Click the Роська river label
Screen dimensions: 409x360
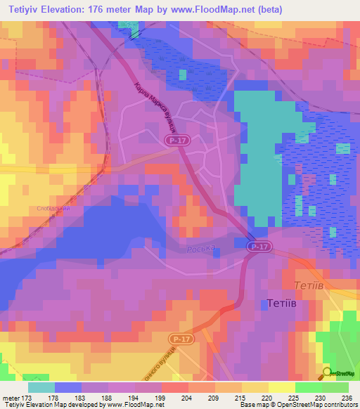pos(200,249)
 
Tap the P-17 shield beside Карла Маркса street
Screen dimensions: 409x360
pos(176,141)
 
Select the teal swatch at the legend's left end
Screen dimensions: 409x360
pos(41,387)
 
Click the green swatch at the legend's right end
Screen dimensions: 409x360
pos(335,387)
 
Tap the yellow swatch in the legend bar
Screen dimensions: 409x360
pos(282,387)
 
